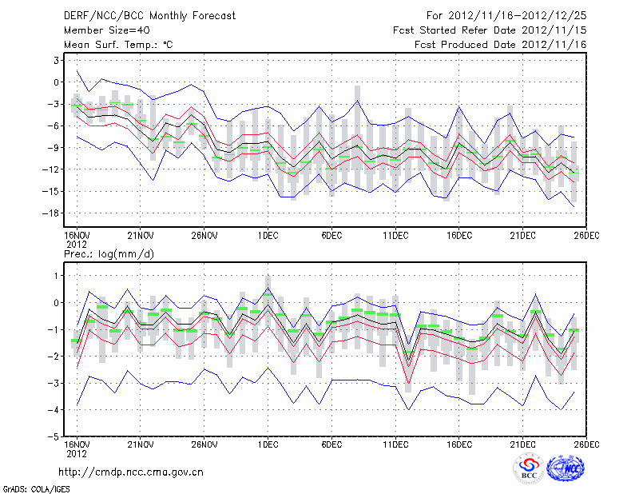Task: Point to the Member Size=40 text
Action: pos(105,30)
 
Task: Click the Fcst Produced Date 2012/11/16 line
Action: pos(501,44)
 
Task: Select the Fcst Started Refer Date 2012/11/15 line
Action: pos(490,30)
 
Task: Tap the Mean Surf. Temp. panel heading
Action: pos(118,44)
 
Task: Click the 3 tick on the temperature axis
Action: pos(56,60)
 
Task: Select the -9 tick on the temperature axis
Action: pos(54,147)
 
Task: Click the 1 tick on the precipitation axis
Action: pos(56,275)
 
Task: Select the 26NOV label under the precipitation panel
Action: pos(204,444)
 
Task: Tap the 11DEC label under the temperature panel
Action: pos(395,234)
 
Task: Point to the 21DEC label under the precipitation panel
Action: pos(523,444)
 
